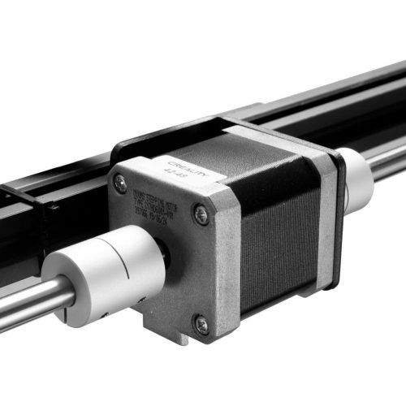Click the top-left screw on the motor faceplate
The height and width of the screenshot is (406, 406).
(121, 183)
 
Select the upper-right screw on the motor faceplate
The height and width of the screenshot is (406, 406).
(200, 214)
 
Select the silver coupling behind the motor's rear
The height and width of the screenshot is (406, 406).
(355, 179)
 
